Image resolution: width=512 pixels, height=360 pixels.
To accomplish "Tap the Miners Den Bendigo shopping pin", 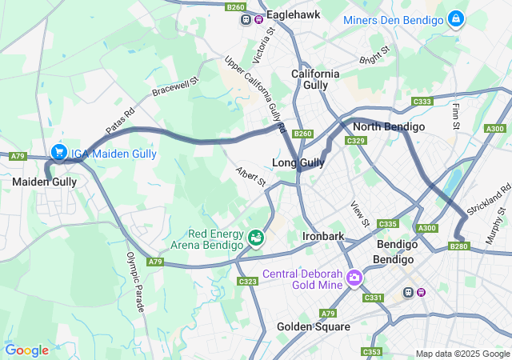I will coord(456,19).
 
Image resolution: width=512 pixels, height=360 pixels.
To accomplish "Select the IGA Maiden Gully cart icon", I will coord(58,152).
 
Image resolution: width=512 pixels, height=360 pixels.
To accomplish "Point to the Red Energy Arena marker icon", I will coord(256,237).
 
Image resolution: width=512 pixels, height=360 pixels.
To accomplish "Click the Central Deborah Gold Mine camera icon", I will coord(354,277).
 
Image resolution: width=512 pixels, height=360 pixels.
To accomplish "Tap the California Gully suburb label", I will coord(315,79).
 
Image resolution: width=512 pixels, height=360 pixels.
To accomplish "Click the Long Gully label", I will coord(298,163).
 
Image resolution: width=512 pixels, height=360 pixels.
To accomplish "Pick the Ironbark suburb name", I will coord(323,237).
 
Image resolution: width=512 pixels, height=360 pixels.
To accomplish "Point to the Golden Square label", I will coord(313,326).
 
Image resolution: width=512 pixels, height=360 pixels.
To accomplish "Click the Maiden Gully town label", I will coord(44,182).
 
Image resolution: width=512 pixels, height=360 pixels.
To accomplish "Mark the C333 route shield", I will coord(422,102).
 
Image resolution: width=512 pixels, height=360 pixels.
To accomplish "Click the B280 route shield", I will coord(459,247).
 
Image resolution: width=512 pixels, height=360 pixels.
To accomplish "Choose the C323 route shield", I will coord(248,282).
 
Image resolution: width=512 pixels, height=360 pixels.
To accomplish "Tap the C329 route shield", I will coord(356,141).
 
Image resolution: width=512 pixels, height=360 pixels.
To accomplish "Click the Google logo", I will coord(26,350).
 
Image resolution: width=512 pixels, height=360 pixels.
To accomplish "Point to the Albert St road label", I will coord(250,177).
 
